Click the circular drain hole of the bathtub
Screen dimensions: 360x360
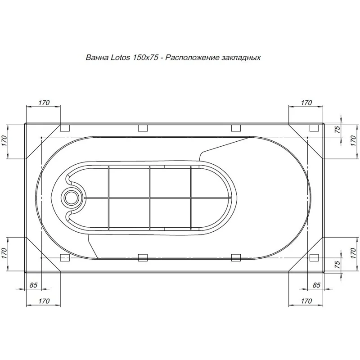(71, 197)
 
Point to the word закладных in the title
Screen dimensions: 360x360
(241, 58)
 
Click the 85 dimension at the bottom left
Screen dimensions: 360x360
(33, 285)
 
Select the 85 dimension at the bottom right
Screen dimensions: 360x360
(316, 285)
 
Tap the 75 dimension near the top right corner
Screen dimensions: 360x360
(337, 129)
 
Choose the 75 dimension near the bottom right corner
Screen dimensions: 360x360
(337, 265)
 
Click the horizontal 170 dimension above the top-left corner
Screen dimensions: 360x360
(43, 103)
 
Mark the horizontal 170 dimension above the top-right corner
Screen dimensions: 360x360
(306, 103)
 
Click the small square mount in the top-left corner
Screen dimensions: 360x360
(65, 128)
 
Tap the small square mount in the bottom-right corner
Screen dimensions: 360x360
(314, 258)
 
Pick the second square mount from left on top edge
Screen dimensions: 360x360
(143, 128)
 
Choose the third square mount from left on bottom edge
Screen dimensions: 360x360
(236, 258)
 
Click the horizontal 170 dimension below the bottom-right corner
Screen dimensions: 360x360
(306, 301)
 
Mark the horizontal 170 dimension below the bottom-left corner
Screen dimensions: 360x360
(43, 301)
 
